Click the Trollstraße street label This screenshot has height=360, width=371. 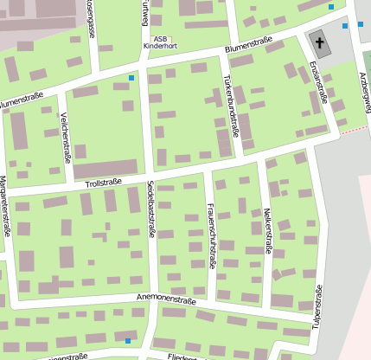(103, 183)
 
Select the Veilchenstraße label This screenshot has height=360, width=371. (66, 141)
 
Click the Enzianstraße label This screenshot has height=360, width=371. (318, 83)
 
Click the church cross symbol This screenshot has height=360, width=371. (318, 41)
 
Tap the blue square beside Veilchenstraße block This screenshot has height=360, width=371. (131, 79)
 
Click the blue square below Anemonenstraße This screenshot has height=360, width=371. (128, 341)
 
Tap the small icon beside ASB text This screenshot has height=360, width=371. (170, 38)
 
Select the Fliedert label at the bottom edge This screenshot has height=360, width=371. (182, 356)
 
